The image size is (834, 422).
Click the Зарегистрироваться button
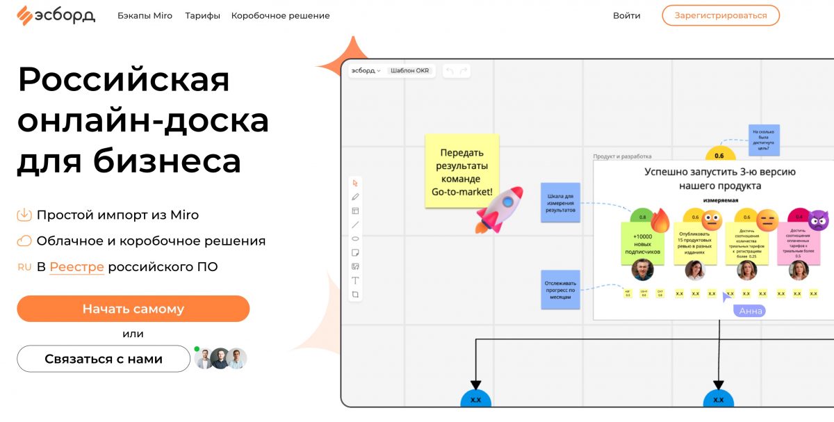[x=720, y=15]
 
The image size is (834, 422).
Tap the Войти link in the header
[x=626, y=15]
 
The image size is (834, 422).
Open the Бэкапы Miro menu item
[x=145, y=15]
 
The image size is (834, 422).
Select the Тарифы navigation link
[x=202, y=15]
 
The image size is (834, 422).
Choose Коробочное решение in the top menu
[x=280, y=15]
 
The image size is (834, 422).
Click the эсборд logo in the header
[x=56, y=15]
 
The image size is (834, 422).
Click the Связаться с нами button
[x=104, y=359]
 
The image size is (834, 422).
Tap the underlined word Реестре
[x=76, y=267]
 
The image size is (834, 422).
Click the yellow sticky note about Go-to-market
[x=461, y=171]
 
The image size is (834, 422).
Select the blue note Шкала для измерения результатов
[x=560, y=202]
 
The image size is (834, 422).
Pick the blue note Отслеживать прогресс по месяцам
[x=560, y=290]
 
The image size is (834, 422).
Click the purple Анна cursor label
[x=751, y=311]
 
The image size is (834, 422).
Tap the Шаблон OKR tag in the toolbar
[x=409, y=71]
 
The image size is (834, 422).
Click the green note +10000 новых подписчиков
[x=642, y=244]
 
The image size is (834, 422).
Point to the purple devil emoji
[x=818, y=220]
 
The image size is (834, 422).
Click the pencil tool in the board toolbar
[x=355, y=197]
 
